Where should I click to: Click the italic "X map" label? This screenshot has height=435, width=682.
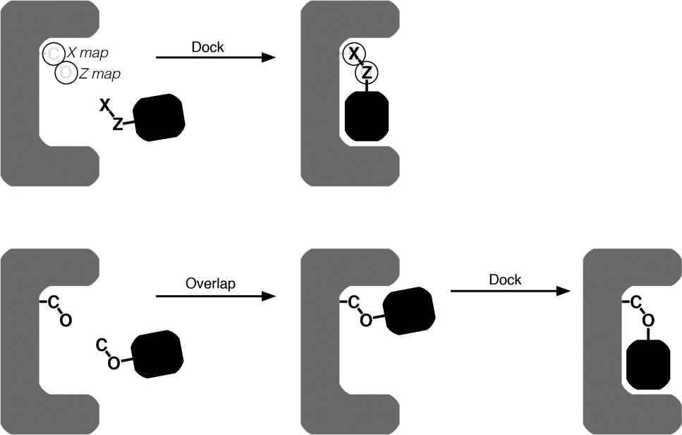(x=83, y=52)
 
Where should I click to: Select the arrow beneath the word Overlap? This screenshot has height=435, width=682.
(x=214, y=297)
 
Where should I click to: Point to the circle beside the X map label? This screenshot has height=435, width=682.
(x=54, y=53)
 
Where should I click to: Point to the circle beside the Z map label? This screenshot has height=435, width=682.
(x=66, y=73)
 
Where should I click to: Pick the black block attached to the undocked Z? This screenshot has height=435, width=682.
(x=159, y=117)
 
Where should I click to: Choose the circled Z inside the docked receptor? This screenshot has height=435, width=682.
(x=367, y=72)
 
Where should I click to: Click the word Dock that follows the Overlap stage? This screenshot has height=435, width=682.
(x=505, y=280)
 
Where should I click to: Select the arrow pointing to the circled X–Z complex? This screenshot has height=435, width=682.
(x=214, y=56)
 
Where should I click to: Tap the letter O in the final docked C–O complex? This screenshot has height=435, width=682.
(x=647, y=321)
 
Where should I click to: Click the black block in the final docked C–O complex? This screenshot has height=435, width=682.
(x=647, y=364)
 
